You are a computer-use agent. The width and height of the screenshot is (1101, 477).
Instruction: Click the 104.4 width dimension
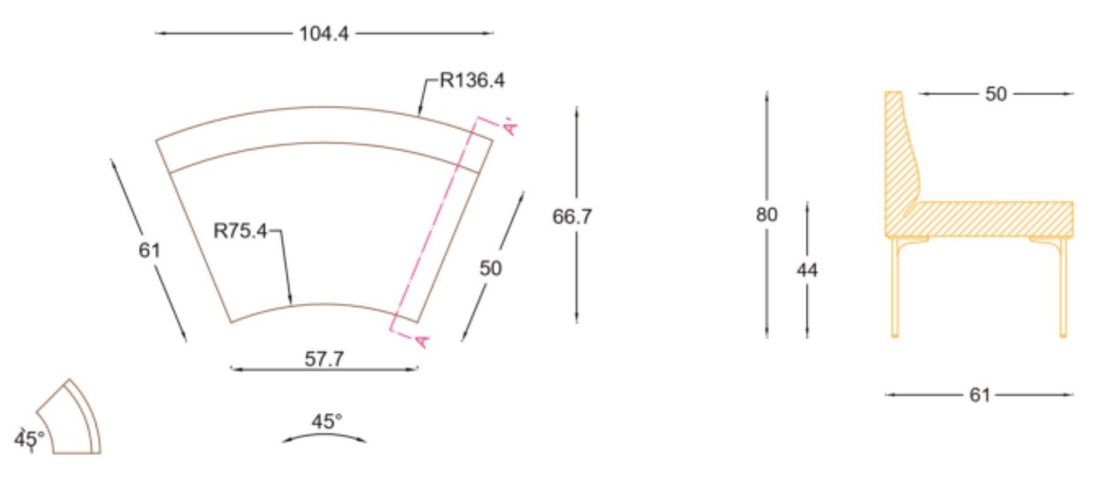tap(323, 33)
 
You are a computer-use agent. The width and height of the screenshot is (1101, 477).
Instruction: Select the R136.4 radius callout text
tap(471, 81)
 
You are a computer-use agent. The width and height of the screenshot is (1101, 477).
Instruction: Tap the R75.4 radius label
tap(240, 231)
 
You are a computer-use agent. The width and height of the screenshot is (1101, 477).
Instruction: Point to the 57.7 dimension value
tap(324, 359)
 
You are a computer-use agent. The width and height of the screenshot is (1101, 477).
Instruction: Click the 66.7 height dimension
tap(572, 217)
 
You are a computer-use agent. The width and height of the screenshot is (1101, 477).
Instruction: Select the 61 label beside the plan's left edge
tap(149, 251)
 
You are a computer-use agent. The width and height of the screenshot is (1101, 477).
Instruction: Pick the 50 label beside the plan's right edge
tap(490, 268)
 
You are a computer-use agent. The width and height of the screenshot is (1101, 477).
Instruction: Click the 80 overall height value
tap(766, 215)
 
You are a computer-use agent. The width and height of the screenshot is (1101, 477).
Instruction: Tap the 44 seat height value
tap(807, 270)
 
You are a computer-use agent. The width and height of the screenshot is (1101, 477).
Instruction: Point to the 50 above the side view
tap(996, 94)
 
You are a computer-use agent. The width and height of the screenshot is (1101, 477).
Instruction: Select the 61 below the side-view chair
tap(979, 395)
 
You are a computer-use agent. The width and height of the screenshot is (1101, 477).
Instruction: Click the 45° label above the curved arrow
tap(326, 422)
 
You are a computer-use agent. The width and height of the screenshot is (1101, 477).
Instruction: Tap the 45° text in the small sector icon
tap(30, 439)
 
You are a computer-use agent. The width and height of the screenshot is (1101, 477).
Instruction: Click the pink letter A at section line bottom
tap(423, 342)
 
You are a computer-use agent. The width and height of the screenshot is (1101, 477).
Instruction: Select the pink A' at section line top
tap(511, 127)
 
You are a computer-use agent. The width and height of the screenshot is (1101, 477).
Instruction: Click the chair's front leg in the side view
tap(1063, 287)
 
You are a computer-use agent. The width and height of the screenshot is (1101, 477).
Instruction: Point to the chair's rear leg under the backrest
tap(894, 287)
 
